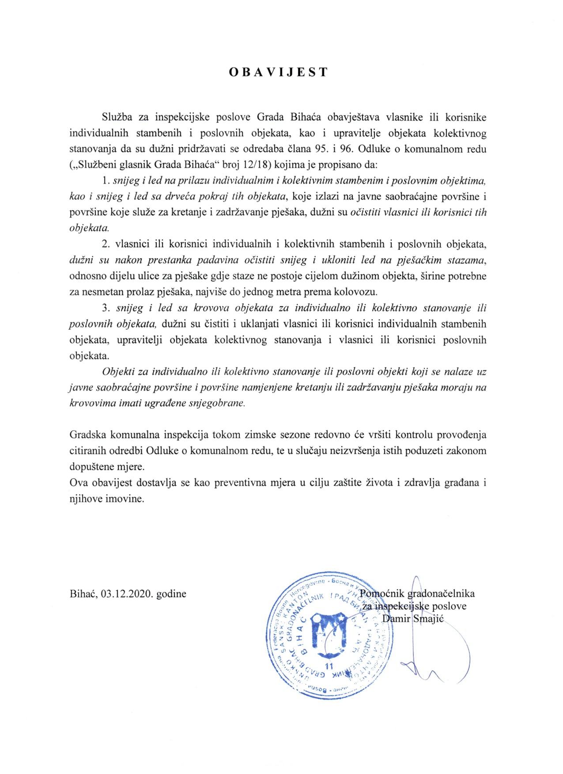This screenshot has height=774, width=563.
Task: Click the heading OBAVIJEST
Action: pyautogui.click(x=278, y=72)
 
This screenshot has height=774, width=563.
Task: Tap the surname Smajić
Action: pyautogui.click(x=428, y=619)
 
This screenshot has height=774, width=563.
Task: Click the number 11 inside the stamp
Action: pyautogui.click(x=329, y=666)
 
